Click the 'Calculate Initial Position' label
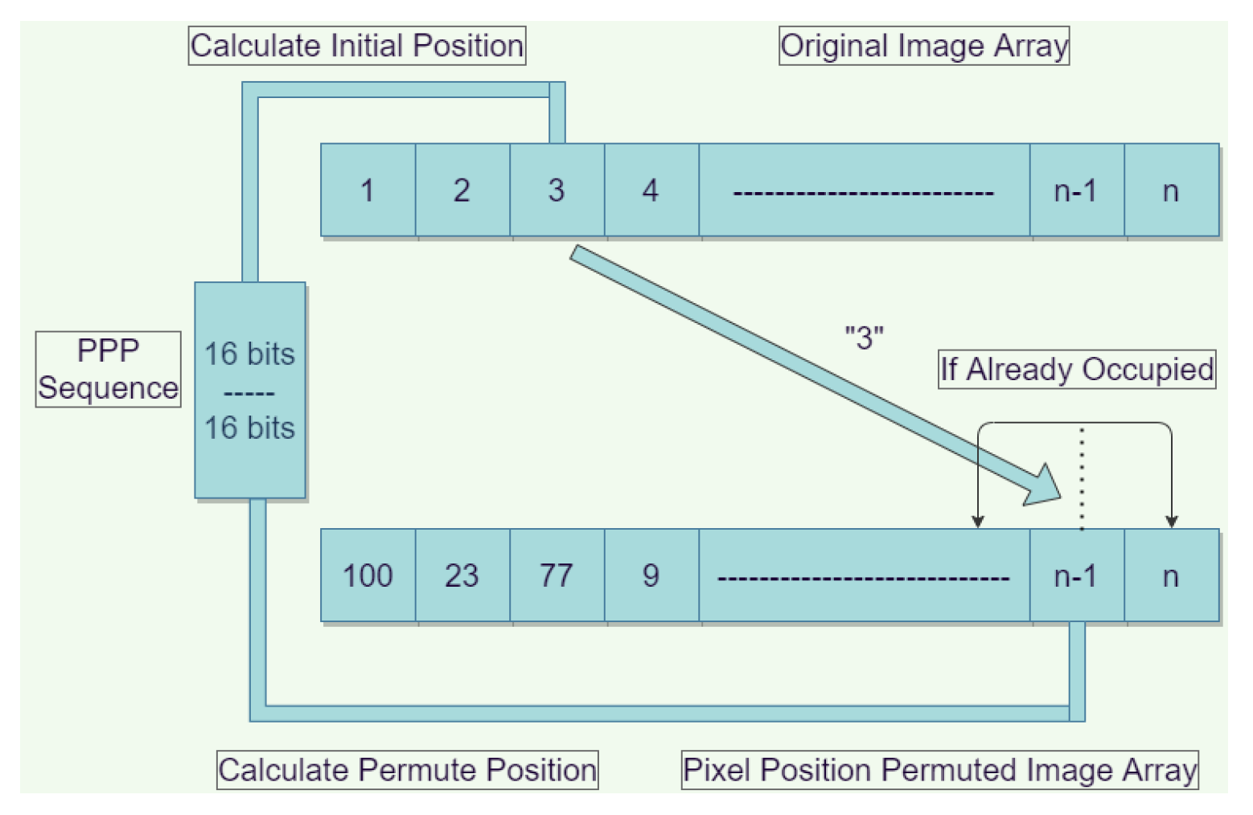coord(357,46)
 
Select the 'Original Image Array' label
coord(924,46)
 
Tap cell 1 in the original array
coord(368,190)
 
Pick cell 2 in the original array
coord(462,190)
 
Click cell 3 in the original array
coord(557,190)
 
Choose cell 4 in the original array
coord(651,190)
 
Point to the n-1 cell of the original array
coord(1076,190)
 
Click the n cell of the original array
coord(1171,190)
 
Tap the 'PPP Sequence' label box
coord(108,369)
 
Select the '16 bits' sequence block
coord(250,391)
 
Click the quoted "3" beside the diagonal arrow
coord(865,338)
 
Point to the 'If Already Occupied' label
coord(1077,370)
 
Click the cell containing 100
coord(368,575)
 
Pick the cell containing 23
coord(462,575)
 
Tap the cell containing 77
coord(557,575)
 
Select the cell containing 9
coord(651,575)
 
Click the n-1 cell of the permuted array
coord(1076,575)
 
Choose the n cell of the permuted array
coord(1171,575)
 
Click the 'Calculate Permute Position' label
coord(407,770)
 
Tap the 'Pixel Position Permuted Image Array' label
coord(939,770)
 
